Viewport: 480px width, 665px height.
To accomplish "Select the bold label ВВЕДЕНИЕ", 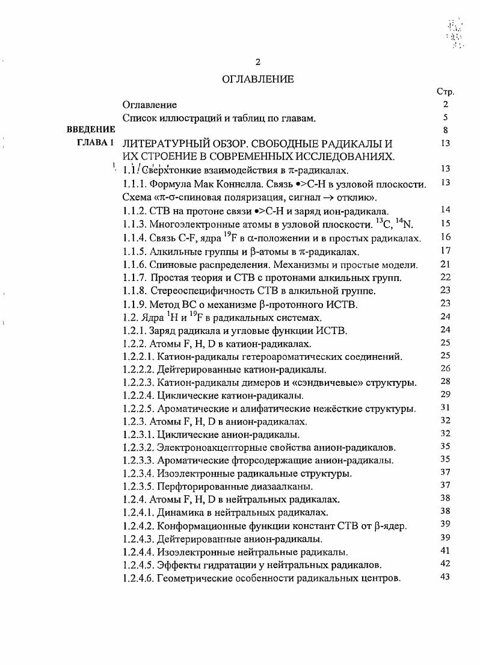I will pyautogui.click(x=90, y=129).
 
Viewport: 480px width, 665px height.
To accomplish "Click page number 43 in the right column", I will pyautogui.click(x=445, y=578).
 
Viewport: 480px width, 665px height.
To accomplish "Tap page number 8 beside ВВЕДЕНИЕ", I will pyautogui.click(x=445, y=129).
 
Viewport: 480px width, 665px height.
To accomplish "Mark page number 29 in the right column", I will pyautogui.click(x=445, y=395).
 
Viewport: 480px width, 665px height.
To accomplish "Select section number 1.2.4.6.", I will pyautogui.click(x=138, y=578).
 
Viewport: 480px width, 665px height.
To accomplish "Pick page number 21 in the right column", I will pyautogui.click(x=445, y=264).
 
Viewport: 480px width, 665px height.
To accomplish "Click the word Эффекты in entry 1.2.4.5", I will pyautogui.click(x=176, y=564).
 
